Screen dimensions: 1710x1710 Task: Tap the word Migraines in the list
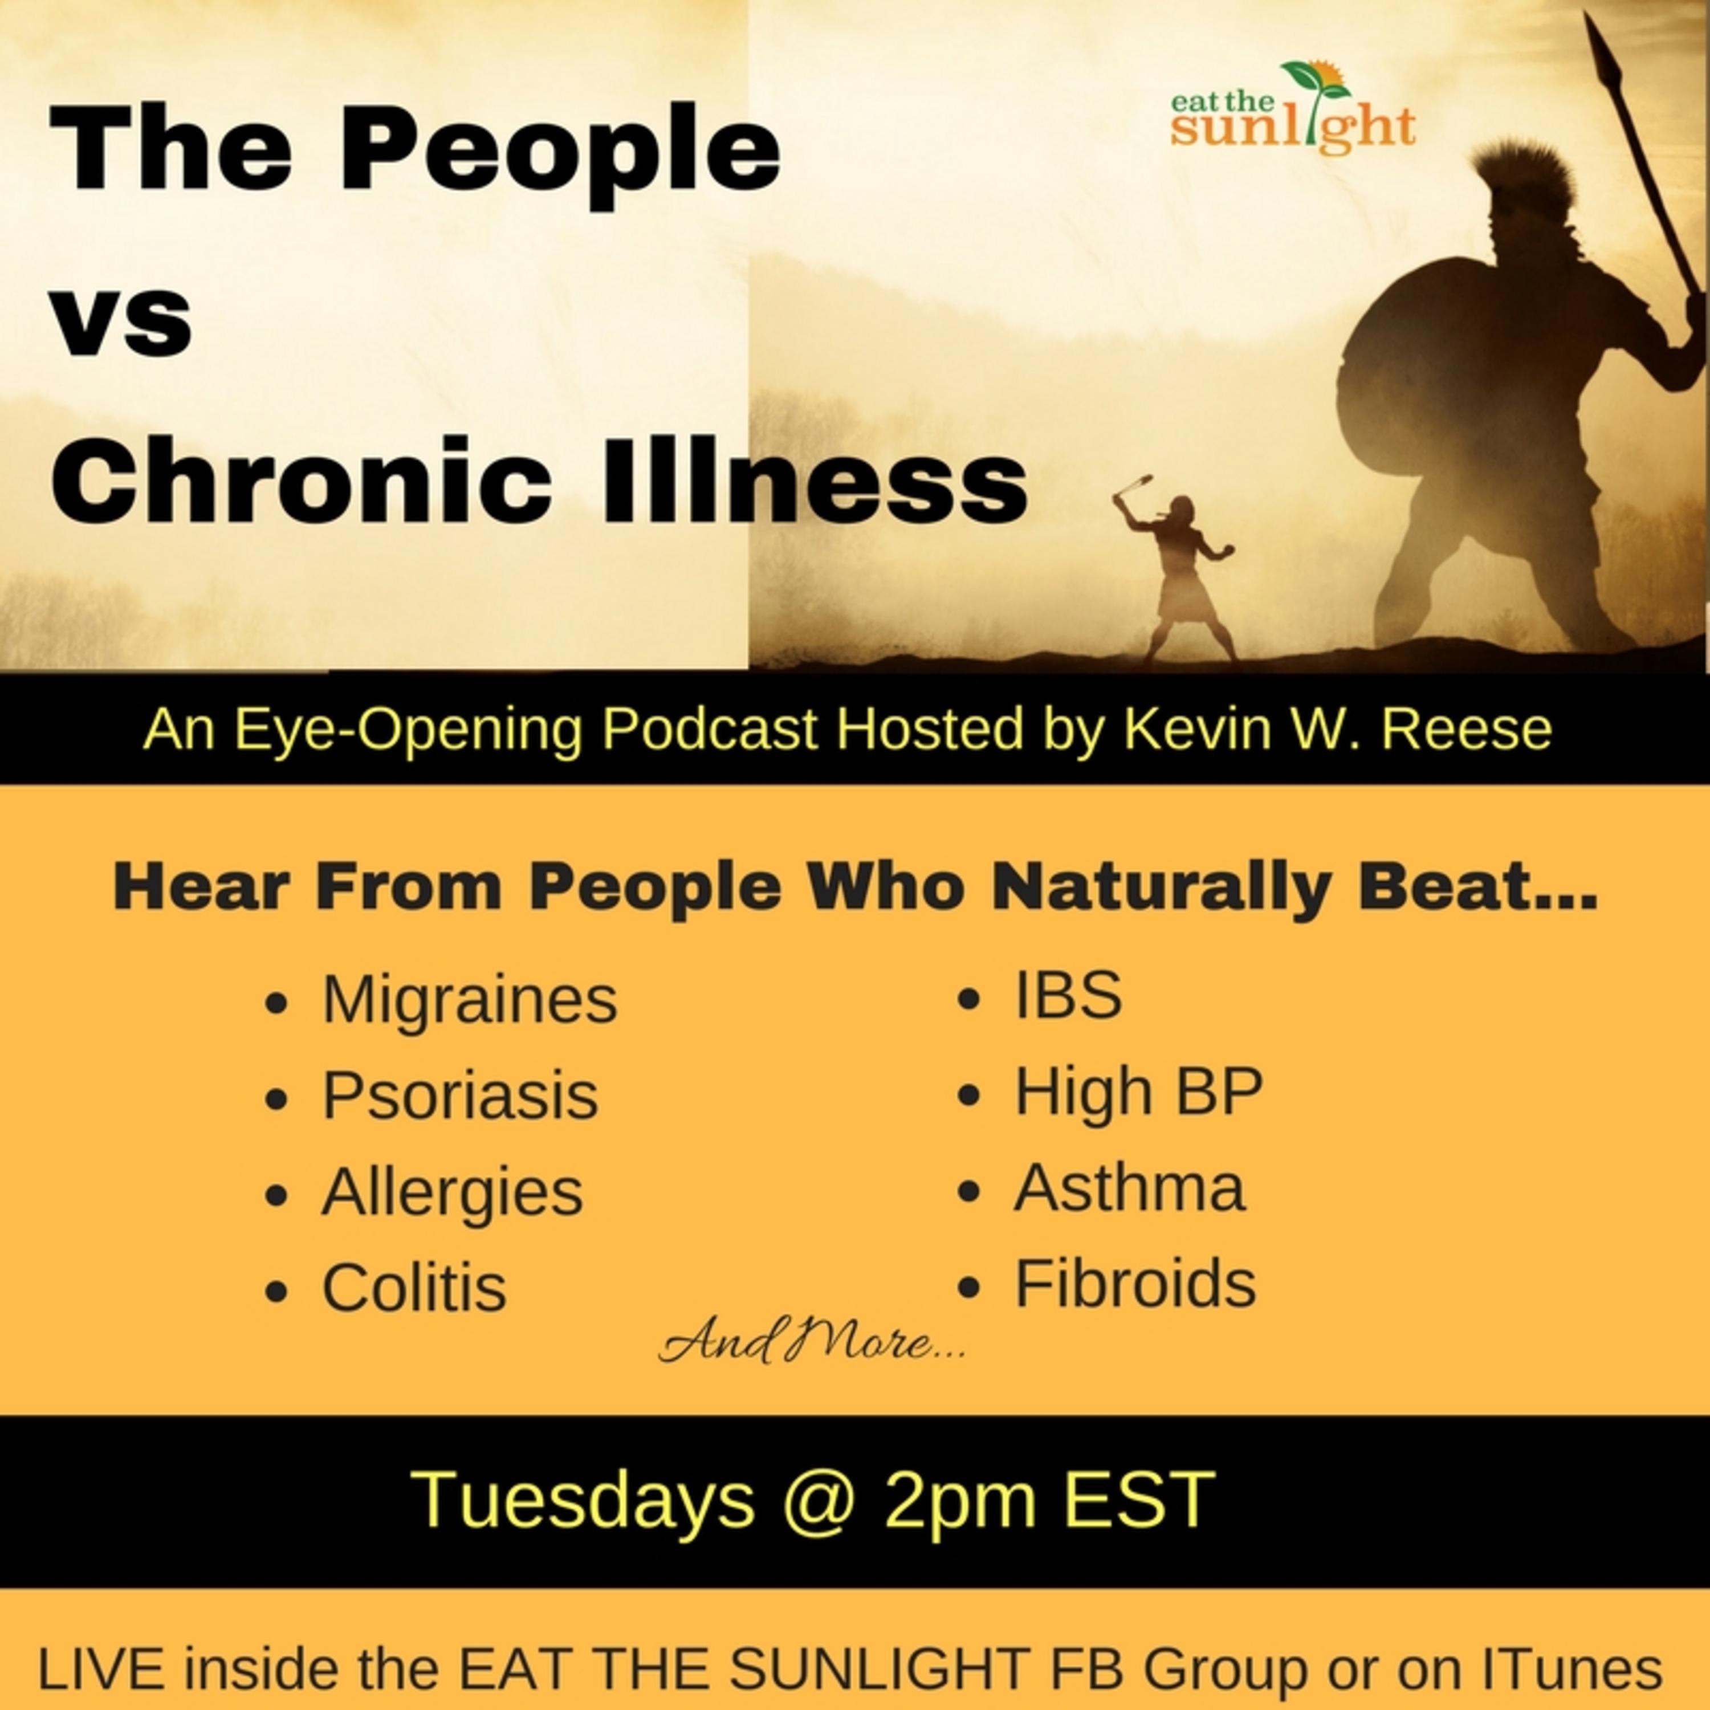(469, 1000)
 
